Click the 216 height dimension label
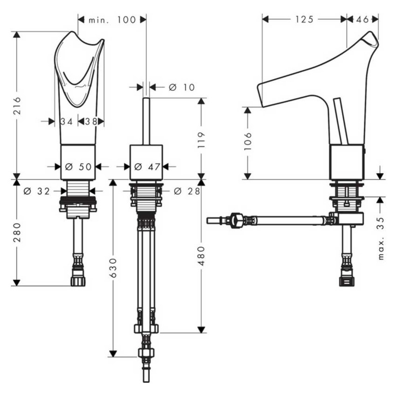click(16, 104)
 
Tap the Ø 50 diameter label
click(78, 166)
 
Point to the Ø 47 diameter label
click(146, 166)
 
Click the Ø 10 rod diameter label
click(181, 87)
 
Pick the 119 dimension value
click(201, 138)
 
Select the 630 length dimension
click(112, 269)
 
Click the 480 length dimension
click(201, 256)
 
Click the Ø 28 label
click(186, 191)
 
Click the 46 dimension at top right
click(362, 19)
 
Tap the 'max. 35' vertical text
click(381, 238)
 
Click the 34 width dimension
click(67, 121)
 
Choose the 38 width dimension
click(91, 121)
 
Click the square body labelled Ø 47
click(146, 162)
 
